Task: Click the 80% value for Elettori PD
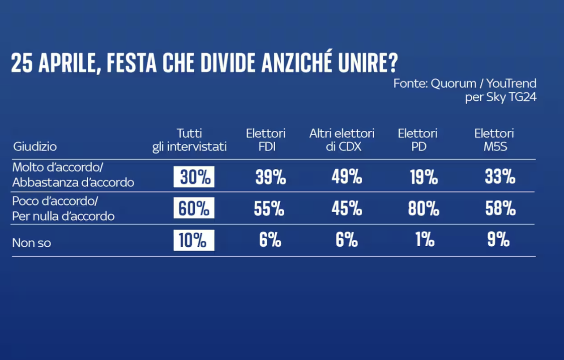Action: point(423,209)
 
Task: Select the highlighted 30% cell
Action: point(194,177)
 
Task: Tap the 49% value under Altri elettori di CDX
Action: point(346,177)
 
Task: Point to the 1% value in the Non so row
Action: point(424,241)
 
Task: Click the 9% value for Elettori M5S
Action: point(499,241)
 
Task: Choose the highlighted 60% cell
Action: point(194,209)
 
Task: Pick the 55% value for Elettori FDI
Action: point(269,209)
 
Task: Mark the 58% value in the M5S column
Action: point(500,209)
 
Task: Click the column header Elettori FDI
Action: point(265,140)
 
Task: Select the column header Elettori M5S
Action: point(494,140)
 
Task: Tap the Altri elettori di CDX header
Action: point(342,140)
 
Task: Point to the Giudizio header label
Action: point(35,146)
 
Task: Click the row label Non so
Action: point(31,243)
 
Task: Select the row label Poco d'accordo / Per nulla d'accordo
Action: point(63,210)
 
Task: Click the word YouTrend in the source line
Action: point(511,84)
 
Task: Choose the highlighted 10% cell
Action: point(194,241)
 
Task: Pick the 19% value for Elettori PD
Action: point(423,177)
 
